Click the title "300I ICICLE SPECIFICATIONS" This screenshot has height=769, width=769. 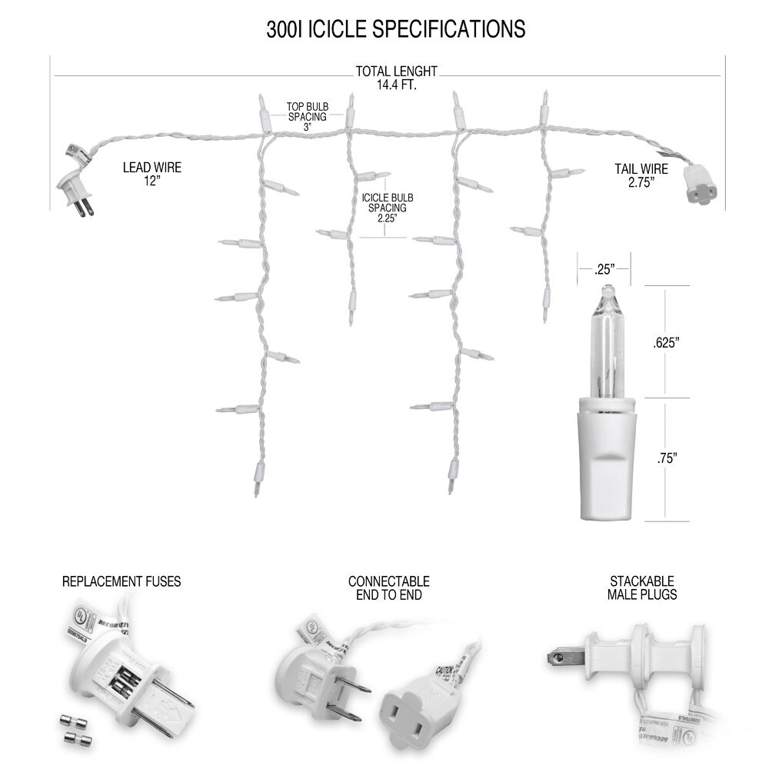(396, 29)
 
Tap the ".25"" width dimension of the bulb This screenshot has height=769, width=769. (604, 270)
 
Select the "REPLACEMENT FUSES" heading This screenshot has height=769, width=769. (122, 581)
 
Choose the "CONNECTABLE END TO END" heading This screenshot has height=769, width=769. (388, 588)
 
